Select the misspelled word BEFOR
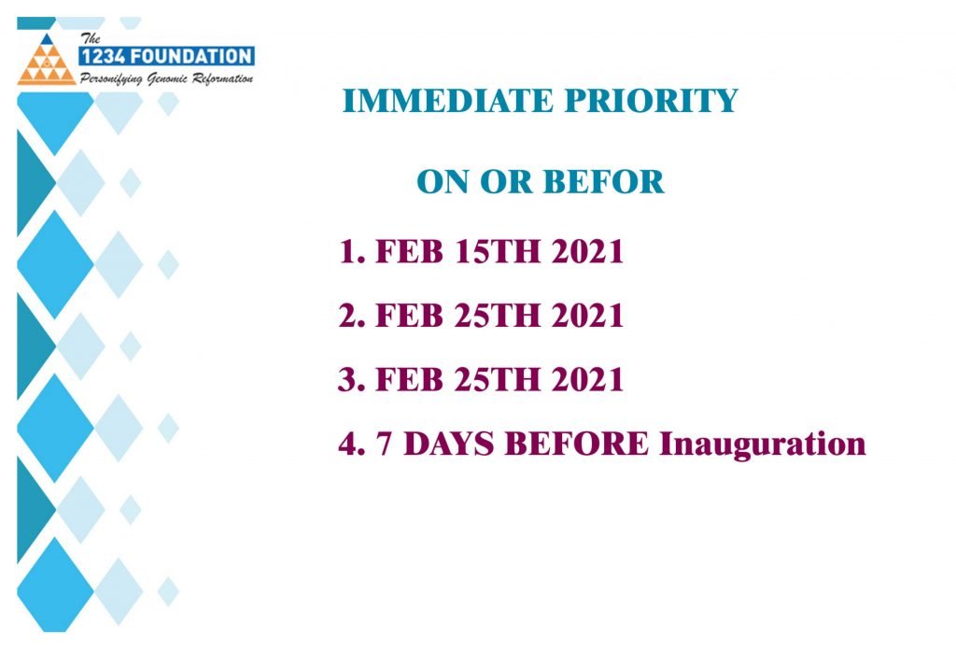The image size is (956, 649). coord(603,182)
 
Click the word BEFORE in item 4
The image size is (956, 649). coord(577,444)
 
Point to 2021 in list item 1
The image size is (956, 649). coord(588,251)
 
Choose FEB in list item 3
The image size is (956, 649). coord(409,379)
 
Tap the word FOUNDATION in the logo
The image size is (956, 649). coord(191,57)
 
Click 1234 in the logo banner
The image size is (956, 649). coord(104,57)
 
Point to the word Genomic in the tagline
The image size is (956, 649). coord(167,78)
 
